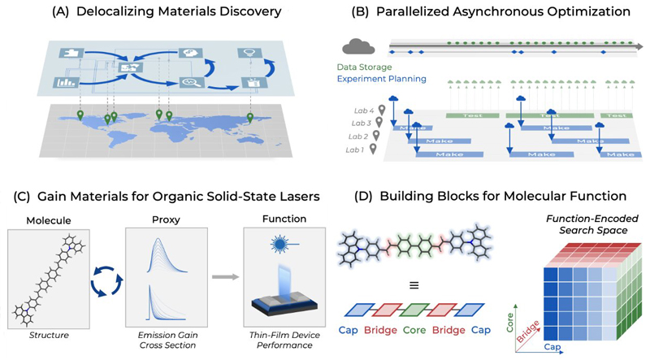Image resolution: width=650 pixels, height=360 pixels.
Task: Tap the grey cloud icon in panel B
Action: coord(359,46)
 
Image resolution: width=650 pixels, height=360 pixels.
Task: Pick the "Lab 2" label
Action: coord(357,136)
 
